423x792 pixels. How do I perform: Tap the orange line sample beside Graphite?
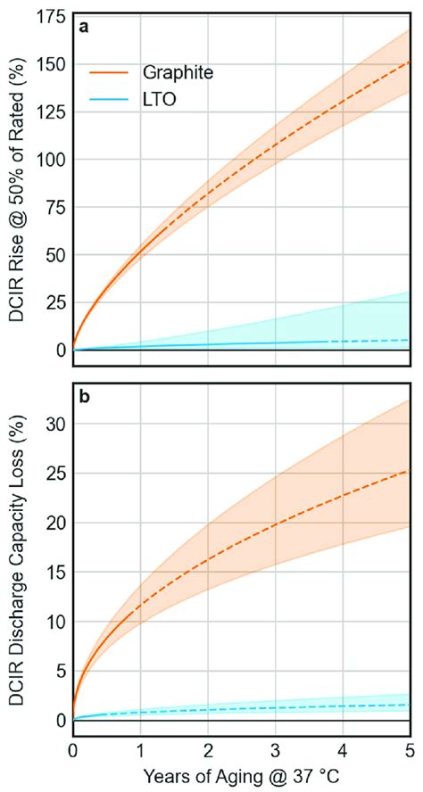(110, 73)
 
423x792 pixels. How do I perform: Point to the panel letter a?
(83, 28)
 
